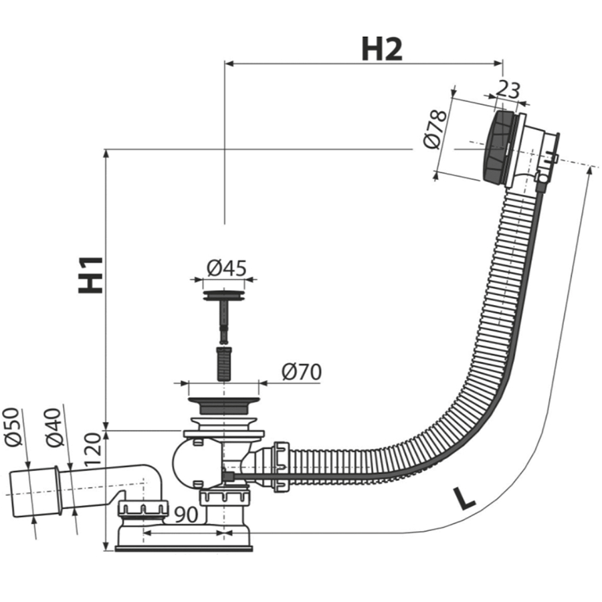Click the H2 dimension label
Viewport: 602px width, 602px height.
(x=382, y=49)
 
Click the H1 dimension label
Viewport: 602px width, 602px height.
(x=91, y=274)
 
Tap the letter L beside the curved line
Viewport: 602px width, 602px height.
(x=464, y=498)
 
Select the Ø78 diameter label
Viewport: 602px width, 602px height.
(x=435, y=128)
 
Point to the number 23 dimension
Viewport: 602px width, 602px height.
(x=508, y=90)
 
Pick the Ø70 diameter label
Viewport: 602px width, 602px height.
(x=301, y=372)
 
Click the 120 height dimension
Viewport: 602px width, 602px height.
(x=93, y=455)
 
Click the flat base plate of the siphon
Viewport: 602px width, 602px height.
(x=184, y=548)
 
